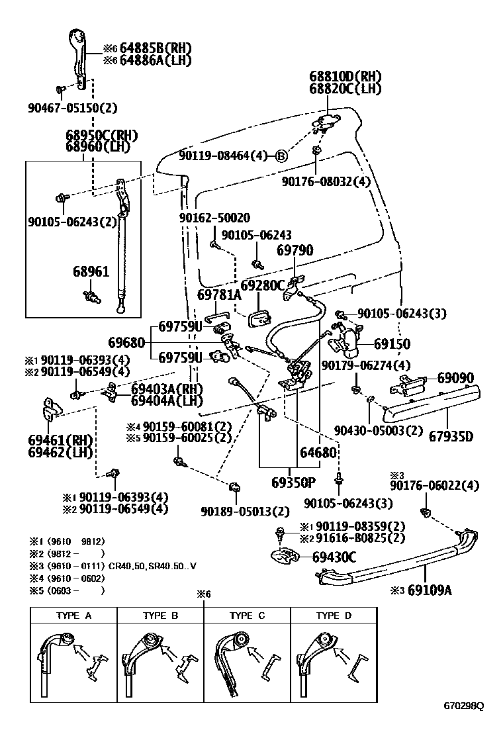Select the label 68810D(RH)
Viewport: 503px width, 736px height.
click(345, 76)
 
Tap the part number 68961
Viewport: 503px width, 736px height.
click(91, 272)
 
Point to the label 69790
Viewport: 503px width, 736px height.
click(295, 250)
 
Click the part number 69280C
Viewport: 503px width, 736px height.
click(261, 285)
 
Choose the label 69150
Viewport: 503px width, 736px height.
click(392, 344)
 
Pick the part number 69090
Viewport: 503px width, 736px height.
click(455, 378)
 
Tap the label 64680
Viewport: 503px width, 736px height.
click(318, 453)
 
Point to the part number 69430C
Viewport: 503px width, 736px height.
click(334, 558)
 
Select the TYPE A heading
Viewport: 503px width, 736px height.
click(73, 616)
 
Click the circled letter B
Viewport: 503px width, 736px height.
click(281, 156)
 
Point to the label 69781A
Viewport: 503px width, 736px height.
click(220, 295)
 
